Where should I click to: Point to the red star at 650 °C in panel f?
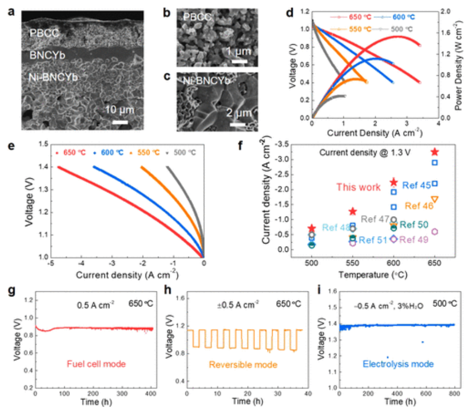click(435, 152)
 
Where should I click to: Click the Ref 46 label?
click(419, 205)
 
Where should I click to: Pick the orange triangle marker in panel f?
click(435, 199)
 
